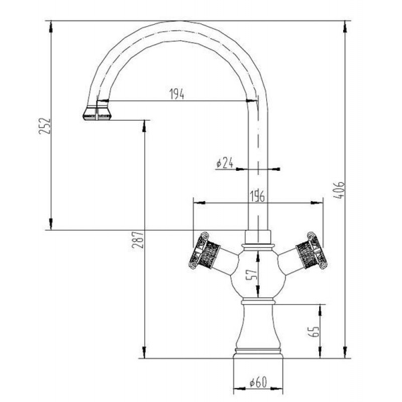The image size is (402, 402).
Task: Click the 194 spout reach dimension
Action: [x=177, y=94]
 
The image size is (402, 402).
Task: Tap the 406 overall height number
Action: [x=340, y=190]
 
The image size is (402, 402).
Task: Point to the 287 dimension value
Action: [x=138, y=240]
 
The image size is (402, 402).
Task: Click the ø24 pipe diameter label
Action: [x=225, y=162]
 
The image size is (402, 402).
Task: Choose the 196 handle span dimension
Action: [x=257, y=196]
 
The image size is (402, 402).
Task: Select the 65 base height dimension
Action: [x=314, y=331]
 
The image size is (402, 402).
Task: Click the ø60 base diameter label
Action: [x=258, y=382]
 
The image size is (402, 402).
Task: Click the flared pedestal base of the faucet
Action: [x=258, y=331]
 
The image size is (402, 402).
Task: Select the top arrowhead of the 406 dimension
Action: [x=345, y=27]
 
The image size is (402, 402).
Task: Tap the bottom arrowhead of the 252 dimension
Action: [x=51, y=224]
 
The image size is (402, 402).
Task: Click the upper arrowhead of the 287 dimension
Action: [x=144, y=126]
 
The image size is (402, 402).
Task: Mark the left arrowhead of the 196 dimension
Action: [x=199, y=203]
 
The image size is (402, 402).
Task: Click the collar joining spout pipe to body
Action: [x=258, y=237]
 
